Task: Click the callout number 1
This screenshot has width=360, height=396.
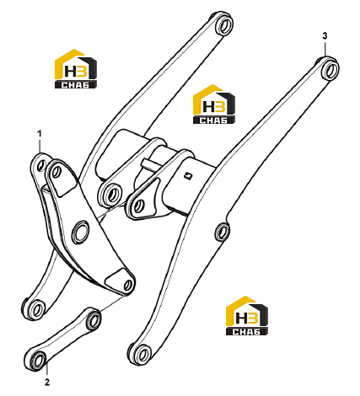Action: pyautogui.click(x=40, y=134)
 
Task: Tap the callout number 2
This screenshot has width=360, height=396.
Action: pyautogui.click(x=47, y=383)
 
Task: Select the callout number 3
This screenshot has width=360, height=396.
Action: pyautogui.click(x=325, y=36)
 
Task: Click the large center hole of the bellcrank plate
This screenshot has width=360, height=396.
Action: pyautogui.click(x=81, y=232)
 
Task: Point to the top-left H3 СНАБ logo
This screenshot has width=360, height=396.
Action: pyautogui.click(x=76, y=69)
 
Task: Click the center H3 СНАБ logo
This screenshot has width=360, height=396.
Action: pyautogui.click(x=214, y=104)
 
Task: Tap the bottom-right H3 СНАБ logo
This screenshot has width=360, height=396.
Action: pyautogui.click(x=247, y=315)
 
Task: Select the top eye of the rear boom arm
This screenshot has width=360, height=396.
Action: pyautogui.click(x=225, y=24)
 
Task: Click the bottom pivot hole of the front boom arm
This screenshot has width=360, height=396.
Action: pyautogui.click(x=142, y=355)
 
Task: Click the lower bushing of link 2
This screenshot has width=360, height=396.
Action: pyautogui.click(x=38, y=360)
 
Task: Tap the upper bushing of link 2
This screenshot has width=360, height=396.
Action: pyautogui.click(x=94, y=319)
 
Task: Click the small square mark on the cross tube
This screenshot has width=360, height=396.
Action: pyautogui.click(x=188, y=176)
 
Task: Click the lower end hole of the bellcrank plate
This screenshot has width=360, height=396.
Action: pyautogui.click(x=128, y=285)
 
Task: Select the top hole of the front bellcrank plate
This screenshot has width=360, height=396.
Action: pyautogui.click(x=57, y=171)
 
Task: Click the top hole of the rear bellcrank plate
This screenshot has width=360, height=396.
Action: pyautogui.click(x=41, y=165)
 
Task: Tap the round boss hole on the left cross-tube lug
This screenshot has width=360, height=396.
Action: pyautogui.click(x=113, y=195)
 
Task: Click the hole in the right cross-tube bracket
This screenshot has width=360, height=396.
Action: pyautogui.click(x=138, y=206)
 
